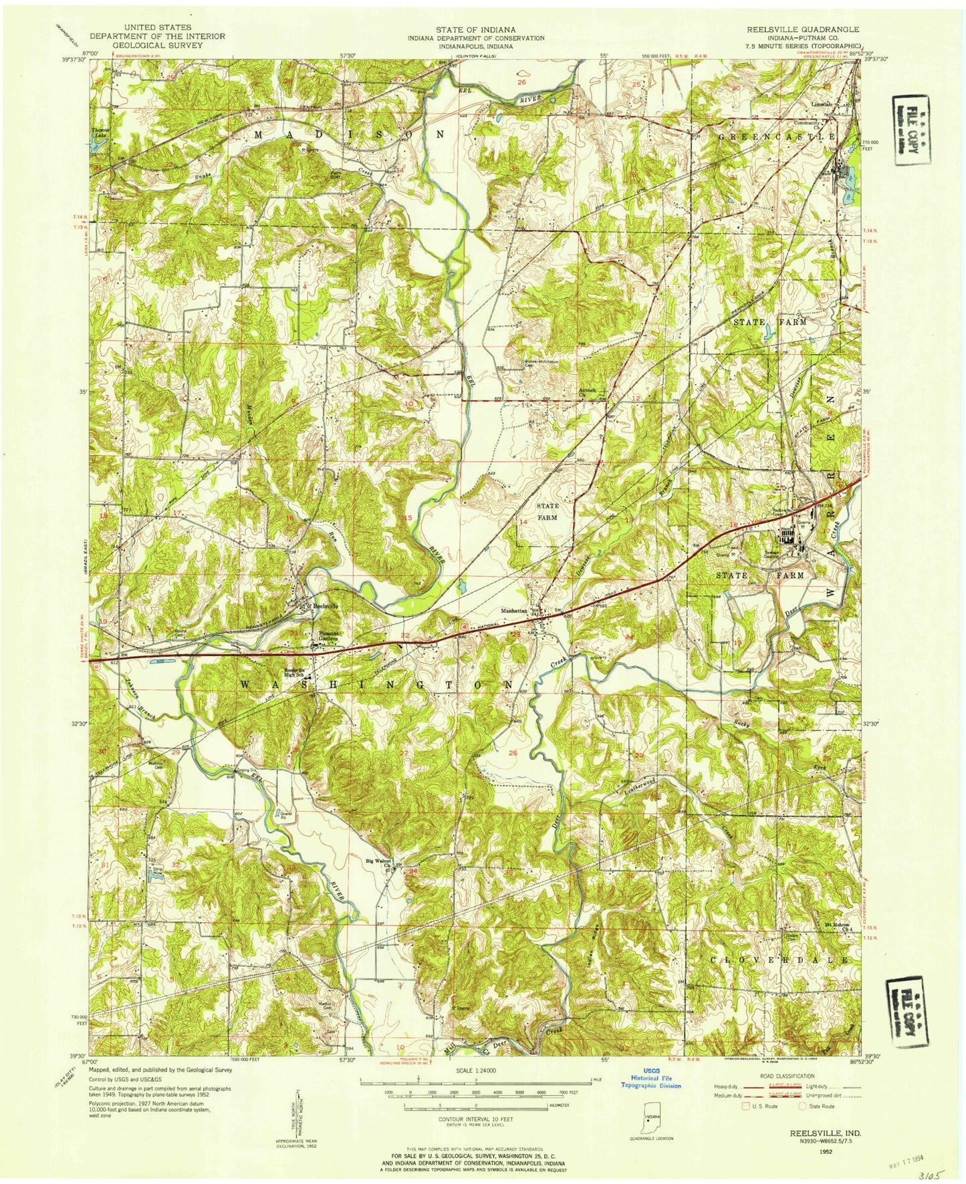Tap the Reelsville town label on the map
[x=326, y=606]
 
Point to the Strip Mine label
[x=155, y=871]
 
